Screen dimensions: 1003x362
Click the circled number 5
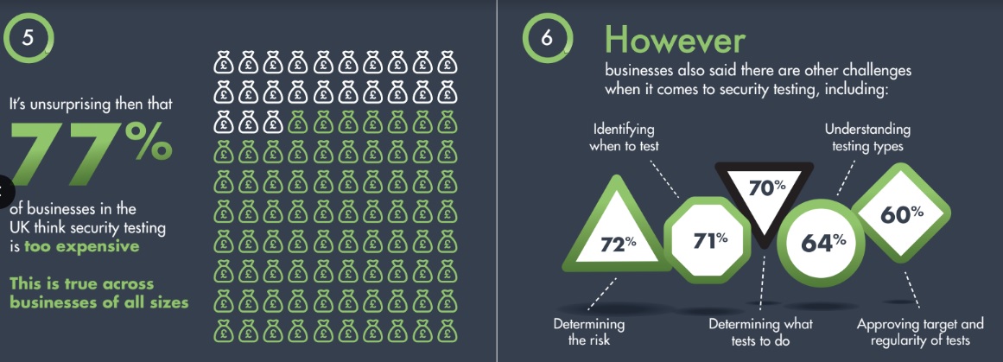[28, 37]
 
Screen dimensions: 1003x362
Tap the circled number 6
[547, 38]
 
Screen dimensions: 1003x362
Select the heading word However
[675, 41]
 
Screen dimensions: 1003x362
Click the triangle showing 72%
[618, 231]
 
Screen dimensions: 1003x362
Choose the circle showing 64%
[824, 243]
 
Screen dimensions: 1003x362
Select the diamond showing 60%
[901, 213]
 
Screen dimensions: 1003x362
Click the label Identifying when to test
[625, 137]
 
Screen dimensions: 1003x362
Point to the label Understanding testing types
[867, 137]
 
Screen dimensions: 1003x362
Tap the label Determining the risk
[589, 332]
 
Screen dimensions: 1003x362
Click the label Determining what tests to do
[760, 332]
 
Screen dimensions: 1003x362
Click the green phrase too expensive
[81, 246]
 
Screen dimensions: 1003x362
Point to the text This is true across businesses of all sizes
[99, 293]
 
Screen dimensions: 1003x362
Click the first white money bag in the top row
[223, 63]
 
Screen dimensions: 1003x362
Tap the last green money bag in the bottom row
[447, 331]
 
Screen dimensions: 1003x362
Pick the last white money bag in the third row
[272, 121]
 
